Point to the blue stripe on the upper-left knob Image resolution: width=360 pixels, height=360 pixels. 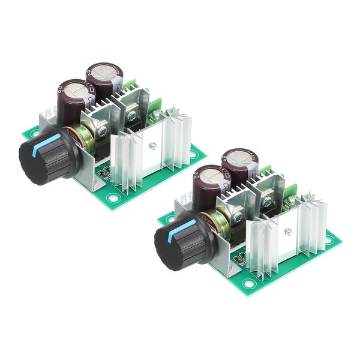(47, 143)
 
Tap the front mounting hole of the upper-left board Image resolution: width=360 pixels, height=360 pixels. (112, 196)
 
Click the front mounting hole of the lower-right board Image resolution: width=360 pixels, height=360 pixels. (247, 282)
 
